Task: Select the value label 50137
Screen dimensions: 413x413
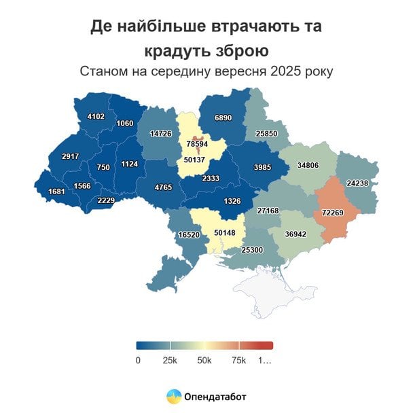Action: click(196, 160)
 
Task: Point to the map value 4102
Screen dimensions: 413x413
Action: click(96, 116)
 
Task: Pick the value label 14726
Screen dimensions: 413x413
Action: click(161, 134)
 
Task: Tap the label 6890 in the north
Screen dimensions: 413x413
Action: click(223, 118)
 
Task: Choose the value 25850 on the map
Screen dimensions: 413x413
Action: click(267, 134)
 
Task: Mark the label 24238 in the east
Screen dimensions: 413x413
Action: click(358, 183)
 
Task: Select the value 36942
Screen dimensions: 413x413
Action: click(296, 234)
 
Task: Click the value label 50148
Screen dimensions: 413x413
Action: click(225, 232)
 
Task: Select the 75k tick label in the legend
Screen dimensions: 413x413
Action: click(238, 360)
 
